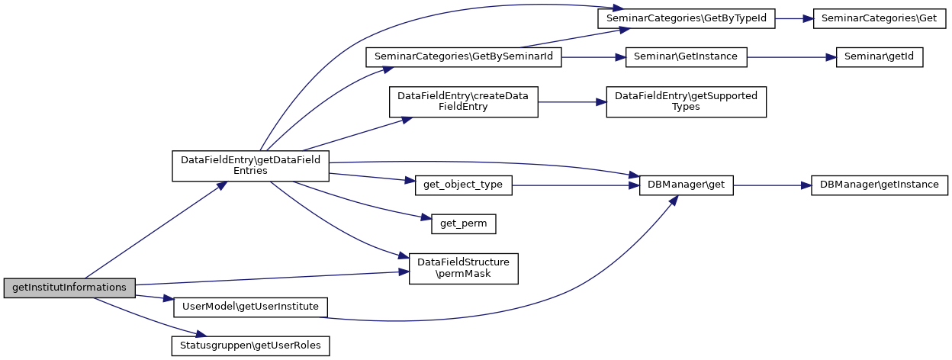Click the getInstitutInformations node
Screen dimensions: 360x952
[69, 288]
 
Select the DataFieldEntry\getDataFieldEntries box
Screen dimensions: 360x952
[250, 166]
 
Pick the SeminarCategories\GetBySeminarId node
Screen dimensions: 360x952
[464, 56]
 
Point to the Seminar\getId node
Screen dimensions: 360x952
[880, 56]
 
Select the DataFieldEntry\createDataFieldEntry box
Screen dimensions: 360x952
[463, 101]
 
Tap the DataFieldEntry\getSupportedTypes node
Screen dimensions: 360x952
[686, 101]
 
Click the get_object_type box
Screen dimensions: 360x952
[464, 185]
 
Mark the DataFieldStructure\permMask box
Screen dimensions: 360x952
[464, 268]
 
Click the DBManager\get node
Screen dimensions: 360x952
[686, 185]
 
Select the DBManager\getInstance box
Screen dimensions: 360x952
[880, 185]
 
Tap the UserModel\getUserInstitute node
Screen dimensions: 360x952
[250, 307]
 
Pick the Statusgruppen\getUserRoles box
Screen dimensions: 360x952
[250, 346]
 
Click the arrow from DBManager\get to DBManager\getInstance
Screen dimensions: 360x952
[766, 185]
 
